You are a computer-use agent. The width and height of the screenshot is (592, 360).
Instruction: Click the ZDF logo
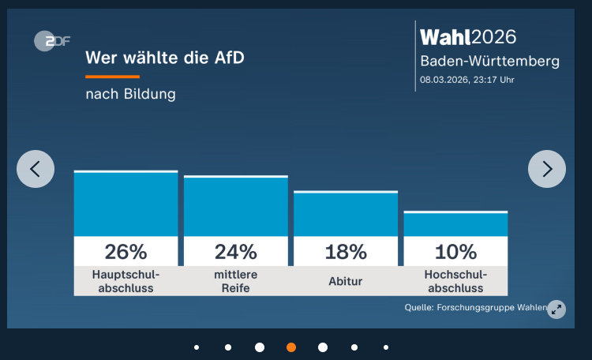(x=52, y=40)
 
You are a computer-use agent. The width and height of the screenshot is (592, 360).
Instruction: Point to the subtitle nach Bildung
(x=130, y=95)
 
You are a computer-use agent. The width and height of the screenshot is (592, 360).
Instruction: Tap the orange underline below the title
(x=112, y=77)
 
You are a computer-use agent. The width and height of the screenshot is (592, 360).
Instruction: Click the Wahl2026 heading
(x=468, y=37)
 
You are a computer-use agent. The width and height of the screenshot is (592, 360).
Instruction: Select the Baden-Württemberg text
(x=489, y=62)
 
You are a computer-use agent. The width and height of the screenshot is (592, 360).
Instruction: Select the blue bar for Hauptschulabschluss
(x=126, y=204)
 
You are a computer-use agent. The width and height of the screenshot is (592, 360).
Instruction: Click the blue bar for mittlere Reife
(x=236, y=207)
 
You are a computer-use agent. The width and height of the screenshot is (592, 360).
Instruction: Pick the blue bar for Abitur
(x=346, y=215)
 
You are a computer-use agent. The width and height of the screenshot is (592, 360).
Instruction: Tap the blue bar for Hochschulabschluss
(x=455, y=225)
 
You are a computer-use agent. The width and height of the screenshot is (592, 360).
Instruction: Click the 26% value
(x=126, y=252)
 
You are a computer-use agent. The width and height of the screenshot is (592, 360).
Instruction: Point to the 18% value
(x=346, y=252)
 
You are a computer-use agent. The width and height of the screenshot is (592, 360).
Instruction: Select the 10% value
(x=455, y=252)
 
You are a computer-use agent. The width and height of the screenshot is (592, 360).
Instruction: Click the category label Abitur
(x=346, y=281)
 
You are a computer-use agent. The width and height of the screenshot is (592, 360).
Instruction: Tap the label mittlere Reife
(x=236, y=281)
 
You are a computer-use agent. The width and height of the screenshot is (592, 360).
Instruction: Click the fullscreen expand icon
(x=556, y=309)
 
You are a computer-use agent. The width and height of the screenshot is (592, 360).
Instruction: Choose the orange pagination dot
(x=291, y=347)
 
